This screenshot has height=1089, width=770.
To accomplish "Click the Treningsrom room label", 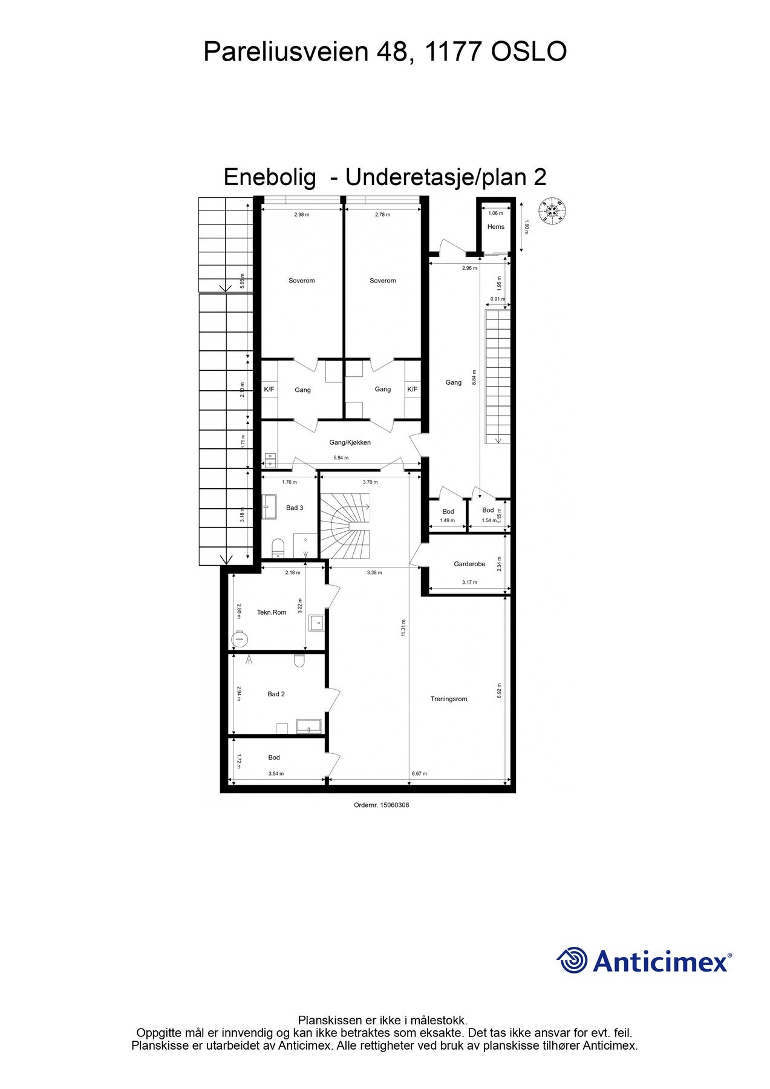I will (x=449, y=699).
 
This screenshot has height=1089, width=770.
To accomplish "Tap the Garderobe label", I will (x=469, y=564).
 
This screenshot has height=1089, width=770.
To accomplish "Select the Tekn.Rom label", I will (x=272, y=612).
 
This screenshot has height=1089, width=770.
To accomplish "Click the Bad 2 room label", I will (x=276, y=694).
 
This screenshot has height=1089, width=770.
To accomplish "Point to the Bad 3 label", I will (x=295, y=508).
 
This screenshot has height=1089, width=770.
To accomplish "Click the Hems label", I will (x=496, y=227).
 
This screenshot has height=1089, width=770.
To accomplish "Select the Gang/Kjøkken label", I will (x=350, y=442).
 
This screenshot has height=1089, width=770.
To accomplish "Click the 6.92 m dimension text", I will (x=500, y=691).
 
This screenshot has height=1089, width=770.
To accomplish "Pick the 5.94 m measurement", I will (x=342, y=458).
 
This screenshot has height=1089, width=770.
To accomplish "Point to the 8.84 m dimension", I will (x=474, y=378).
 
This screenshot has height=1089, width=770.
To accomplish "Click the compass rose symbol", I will (x=552, y=211).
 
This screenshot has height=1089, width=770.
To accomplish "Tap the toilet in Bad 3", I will (x=278, y=548).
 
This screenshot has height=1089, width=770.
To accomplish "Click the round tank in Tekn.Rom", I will (x=240, y=638).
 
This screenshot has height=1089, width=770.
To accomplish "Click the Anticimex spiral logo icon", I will (x=572, y=960).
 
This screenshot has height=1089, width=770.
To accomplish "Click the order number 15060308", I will (x=394, y=805).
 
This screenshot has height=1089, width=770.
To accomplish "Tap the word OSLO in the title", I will (x=528, y=52).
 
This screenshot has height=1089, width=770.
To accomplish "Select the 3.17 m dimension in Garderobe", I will (x=469, y=583).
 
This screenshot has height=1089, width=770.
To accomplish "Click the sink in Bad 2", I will (x=308, y=726).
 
